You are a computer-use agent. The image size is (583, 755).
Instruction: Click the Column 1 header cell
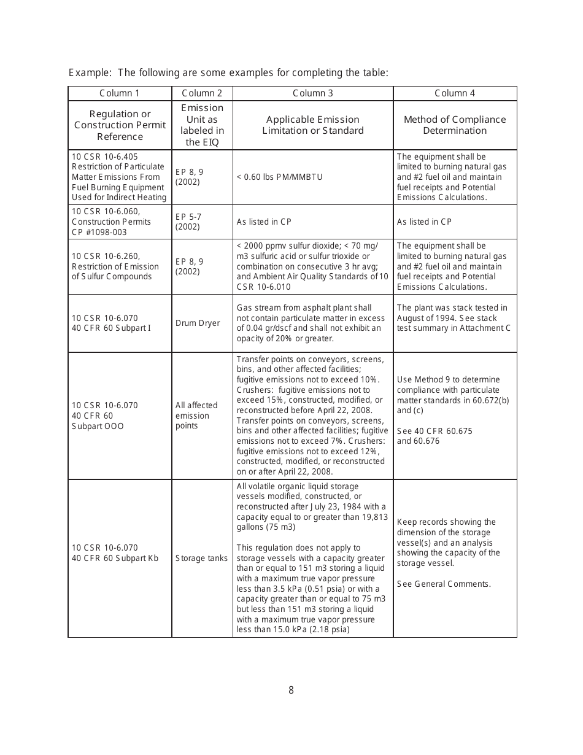click(x=120, y=93)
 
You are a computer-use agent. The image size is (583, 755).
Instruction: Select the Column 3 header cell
click(x=313, y=93)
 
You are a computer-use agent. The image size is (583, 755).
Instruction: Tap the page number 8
click(x=291, y=690)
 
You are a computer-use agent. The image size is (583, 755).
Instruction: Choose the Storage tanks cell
click(x=201, y=558)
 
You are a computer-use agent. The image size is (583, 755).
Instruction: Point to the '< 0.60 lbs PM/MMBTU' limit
click(x=279, y=177)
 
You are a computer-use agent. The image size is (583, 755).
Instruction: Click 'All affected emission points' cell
click(x=196, y=416)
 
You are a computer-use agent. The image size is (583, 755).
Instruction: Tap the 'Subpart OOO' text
click(x=98, y=426)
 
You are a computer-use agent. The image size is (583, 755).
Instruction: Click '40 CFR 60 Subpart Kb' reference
click(x=115, y=558)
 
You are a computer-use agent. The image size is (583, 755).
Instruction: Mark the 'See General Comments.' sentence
click(x=444, y=584)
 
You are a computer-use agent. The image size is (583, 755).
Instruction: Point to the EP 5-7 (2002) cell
click(x=188, y=222)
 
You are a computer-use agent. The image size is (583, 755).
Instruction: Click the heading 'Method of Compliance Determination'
click(x=455, y=125)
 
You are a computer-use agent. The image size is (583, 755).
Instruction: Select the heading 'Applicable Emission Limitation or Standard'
click(x=313, y=125)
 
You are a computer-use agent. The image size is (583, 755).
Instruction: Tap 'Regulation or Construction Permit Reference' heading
click(x=120, y=125)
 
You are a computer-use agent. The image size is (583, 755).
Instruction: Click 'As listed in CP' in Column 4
click(x=424, y=222)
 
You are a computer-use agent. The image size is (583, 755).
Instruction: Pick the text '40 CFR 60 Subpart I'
click(x=111, y=328)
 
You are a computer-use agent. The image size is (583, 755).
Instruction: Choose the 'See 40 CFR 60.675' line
click(x=434, y=431)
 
